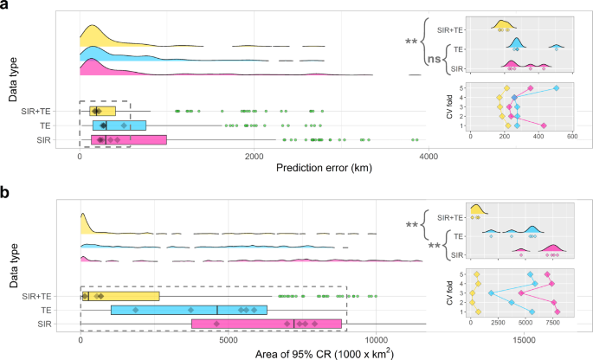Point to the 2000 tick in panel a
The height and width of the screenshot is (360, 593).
point(253,156)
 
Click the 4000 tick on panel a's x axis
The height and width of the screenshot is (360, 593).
point(426,156)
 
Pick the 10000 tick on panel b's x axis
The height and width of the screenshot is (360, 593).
point(377,340)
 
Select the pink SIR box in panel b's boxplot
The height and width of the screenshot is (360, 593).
point(267,324)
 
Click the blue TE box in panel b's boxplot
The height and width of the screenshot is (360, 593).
point(189,310)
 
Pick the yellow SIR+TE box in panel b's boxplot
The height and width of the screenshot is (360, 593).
point(120,296)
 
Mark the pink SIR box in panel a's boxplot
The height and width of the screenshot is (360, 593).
point(123,139)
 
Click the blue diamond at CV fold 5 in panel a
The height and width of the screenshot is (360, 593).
point(557,88)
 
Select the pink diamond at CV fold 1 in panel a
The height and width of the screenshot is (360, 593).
point(543,126)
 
